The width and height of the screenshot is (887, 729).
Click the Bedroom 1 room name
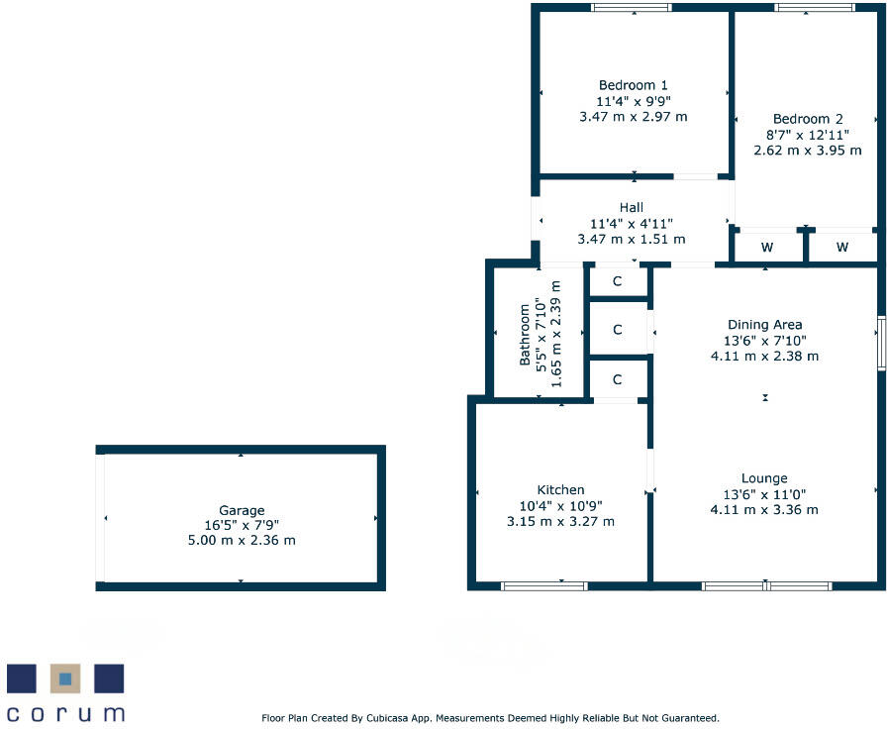point(633,85)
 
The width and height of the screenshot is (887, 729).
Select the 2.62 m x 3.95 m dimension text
point(808,151)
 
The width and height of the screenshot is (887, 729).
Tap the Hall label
point(631,207)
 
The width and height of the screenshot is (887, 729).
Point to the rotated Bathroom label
point(526,332)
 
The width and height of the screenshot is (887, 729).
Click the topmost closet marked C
point(617,281)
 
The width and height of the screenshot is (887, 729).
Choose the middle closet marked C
point(617,330)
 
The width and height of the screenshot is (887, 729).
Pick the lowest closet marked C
point(617,378)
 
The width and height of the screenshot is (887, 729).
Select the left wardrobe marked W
point(767,247)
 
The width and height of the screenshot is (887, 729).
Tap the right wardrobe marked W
point(841,247)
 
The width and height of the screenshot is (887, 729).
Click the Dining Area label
point(764,324)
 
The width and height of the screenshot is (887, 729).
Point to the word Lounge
point(764,477)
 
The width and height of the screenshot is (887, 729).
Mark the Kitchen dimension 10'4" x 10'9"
point(560,505)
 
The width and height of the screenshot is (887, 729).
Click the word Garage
point(242,511)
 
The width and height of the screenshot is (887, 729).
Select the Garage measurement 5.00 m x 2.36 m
point(242,540)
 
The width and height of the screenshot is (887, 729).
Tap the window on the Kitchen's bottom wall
point(543,586)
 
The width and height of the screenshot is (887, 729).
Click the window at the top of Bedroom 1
point(632,8)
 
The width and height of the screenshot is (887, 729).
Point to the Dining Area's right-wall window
point(880,344)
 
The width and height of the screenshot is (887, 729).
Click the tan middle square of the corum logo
point(65,678)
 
